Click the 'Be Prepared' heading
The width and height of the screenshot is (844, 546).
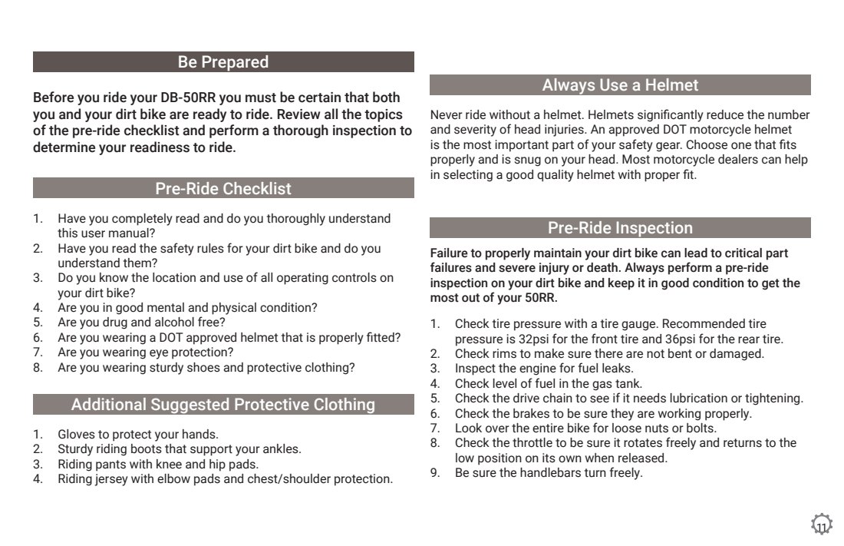tap(223, 62)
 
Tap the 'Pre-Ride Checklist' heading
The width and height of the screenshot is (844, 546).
tap(223, 188)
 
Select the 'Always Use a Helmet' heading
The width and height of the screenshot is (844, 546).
tap(620, 85)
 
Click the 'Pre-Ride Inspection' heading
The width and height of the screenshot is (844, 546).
tap(620, 228)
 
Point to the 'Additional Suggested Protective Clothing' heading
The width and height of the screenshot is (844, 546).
tap(223, 405)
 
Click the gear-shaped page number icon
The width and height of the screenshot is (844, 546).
tap(822, 526)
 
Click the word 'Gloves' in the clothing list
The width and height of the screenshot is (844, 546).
tap(76, 435)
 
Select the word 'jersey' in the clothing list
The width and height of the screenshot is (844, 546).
tap(111, 479)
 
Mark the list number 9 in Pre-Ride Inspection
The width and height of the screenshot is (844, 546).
tap(434, 473)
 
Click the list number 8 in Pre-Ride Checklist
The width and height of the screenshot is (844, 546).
tap(37, 368)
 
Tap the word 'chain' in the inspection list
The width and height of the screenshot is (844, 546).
tap(556, 399)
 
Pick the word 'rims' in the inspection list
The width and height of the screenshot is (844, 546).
tap(499, 354)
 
